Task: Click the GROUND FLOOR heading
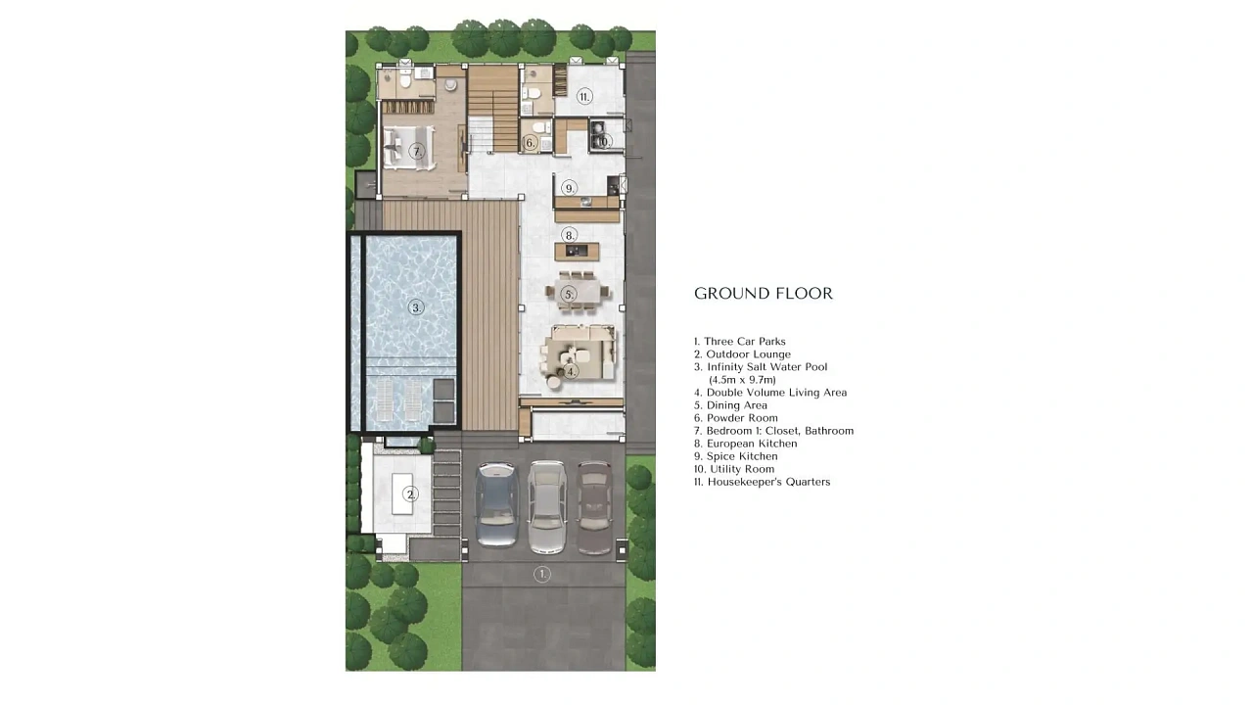click(763, 293)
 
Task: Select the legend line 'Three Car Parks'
click(739, 342)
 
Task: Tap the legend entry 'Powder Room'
click(736, 418)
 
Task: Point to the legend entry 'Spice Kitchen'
click(736, 456)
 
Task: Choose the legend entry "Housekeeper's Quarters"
click(763, 482)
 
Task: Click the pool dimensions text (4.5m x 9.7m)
click(742, 380)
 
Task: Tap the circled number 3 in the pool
click(416, 307)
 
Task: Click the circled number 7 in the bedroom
click(416, 151)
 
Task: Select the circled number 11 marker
click(584, 97)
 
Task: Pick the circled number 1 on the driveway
click(541, 574)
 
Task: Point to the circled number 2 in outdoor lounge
click(410, 494)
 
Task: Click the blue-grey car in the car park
click(496, 504)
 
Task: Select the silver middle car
click(547, 507)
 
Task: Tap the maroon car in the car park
click(594, 507)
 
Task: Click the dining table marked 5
click(577, 292)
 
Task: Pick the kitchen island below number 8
click(577, 252)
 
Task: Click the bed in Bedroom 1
click(408, 147)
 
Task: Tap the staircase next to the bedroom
click(492, 109)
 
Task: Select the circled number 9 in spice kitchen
click(569, 188)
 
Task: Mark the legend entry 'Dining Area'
click(730, 405)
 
